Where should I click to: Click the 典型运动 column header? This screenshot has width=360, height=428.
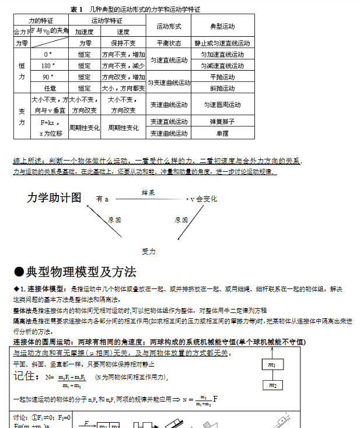click(222, 26)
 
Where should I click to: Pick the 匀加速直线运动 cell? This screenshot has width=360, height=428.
click(222, 54)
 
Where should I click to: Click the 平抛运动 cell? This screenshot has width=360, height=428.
click(222, 76)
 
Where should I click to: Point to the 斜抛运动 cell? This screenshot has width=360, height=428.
click(222, 88)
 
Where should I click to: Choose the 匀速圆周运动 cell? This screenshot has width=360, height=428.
click(222, 105)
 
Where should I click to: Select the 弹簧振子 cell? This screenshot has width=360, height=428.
click(222, 121)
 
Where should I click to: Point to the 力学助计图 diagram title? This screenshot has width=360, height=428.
click(54, 198)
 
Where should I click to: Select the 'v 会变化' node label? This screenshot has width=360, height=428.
click(204, 199)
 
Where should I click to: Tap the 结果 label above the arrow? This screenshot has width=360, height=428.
click(148, 192)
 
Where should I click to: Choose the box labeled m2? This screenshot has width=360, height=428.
click(272, 385)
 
